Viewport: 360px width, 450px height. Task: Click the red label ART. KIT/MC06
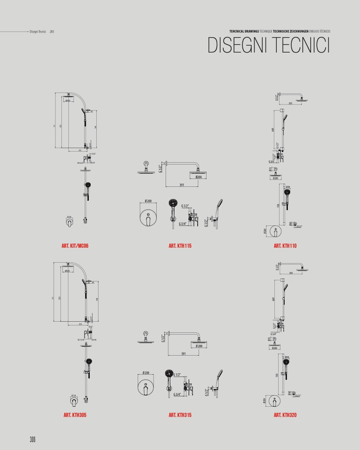click(74, 245)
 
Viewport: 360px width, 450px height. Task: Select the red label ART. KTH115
click(180, 245)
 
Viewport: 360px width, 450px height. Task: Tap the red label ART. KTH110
click(285, 245)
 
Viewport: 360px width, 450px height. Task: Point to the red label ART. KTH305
click(74, 415)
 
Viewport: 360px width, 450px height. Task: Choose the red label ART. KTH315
click(180, 415)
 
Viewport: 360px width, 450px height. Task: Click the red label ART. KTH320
click(285, 415)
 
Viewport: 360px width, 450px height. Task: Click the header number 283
click(52, 32)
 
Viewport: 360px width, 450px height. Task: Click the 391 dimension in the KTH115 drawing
click(181, 185)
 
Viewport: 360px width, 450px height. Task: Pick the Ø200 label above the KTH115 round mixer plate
click(148, 201)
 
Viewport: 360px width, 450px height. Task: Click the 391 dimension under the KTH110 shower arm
click(290, 104)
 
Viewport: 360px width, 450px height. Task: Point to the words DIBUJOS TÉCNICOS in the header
click(320, 31)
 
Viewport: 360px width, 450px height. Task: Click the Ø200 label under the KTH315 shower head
click(199, 346)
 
